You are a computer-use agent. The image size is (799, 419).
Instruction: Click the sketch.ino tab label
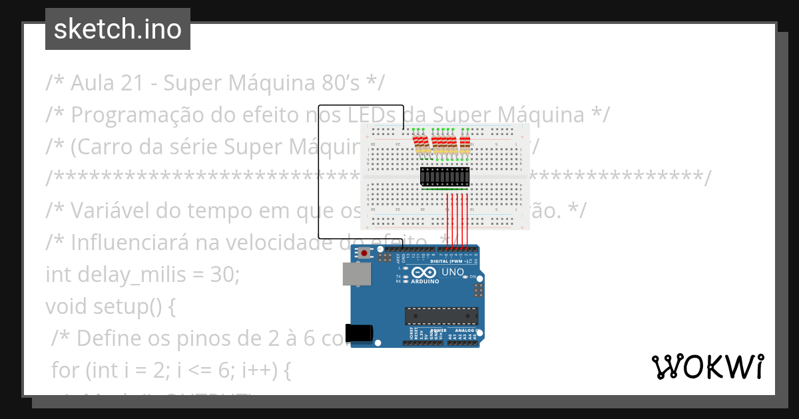coord(117,29)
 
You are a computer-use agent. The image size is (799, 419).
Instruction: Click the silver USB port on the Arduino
coord(357,274)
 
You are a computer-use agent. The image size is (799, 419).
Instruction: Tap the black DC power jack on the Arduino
coord(359,333)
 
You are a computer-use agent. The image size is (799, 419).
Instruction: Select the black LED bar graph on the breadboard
coord(444,176)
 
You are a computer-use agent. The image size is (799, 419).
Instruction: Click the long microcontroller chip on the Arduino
coord(441,316)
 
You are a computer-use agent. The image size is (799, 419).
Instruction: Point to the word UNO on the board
coord(453,271)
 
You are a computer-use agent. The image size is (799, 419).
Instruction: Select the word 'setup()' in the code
coord(127,307)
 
